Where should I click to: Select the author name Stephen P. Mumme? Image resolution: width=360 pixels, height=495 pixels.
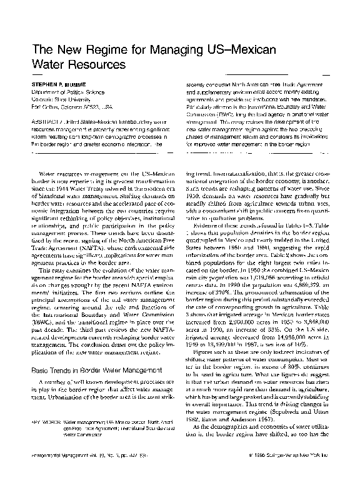click(56, 81)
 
